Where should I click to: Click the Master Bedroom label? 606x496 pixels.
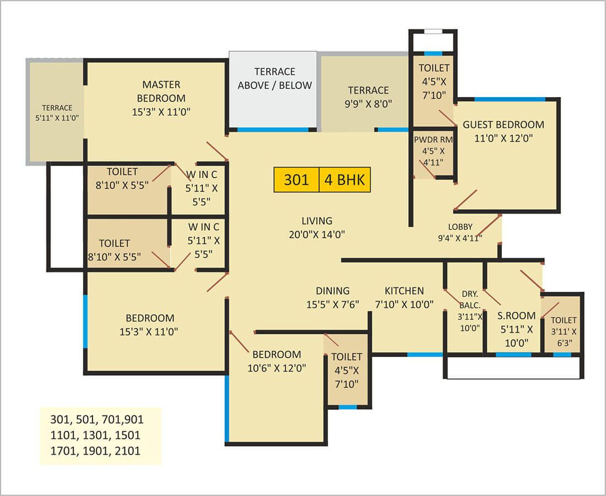(161, 92)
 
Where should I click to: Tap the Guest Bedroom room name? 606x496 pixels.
(503, 125)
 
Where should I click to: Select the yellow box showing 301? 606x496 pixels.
(296, 180)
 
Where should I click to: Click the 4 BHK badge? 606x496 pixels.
(345, 180)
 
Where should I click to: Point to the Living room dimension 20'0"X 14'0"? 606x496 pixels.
(317, 234)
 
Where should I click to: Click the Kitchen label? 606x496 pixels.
(404, 291)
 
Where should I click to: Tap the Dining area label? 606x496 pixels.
(333, 291)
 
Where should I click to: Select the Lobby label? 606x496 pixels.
(461, 227)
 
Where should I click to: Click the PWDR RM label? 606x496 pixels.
(433, 140)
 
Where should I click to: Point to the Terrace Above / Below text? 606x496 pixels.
(275, 78)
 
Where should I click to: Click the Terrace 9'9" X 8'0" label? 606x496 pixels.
(369, 97)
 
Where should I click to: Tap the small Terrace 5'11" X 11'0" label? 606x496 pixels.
(57, 113)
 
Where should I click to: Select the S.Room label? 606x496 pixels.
(517, 316)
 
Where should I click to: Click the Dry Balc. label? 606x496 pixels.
(470, 299)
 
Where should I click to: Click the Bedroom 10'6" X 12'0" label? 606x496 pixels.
(277, 361)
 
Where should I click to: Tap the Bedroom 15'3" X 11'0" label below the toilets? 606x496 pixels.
(149, 325)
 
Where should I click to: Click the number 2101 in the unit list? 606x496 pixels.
(128, 451)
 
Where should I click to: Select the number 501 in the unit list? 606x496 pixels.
(86, 420)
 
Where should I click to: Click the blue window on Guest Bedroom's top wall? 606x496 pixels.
(510, 99)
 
